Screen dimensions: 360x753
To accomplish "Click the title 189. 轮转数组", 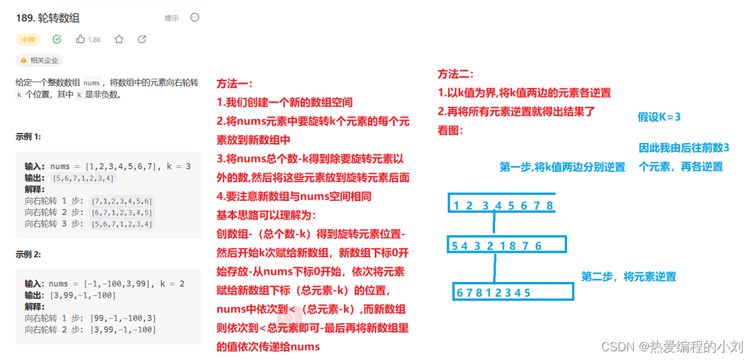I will point(48,18).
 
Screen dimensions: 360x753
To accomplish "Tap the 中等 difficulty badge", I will point(28,40).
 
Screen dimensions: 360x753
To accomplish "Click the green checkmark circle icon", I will point(57,40).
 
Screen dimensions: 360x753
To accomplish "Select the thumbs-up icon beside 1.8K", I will point(81,40).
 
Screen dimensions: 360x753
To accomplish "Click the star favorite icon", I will point(119,40).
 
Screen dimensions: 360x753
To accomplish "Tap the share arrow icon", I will point(142,40).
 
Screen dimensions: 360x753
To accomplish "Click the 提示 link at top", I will point(171,18).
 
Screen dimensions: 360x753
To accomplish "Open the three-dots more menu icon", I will point(195,17).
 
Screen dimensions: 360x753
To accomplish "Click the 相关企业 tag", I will point(40,60).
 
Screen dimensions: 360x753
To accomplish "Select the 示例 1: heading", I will point(28,136).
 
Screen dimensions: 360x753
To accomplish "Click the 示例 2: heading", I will point(28,255).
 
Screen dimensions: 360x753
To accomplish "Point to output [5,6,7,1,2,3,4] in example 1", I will point(83,178).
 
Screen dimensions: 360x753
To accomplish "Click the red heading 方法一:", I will point(234,84).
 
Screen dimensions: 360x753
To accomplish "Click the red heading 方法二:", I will point(456,74).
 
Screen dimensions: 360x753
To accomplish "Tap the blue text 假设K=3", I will point(659,117).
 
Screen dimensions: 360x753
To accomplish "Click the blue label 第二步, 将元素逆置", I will point(628,277).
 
